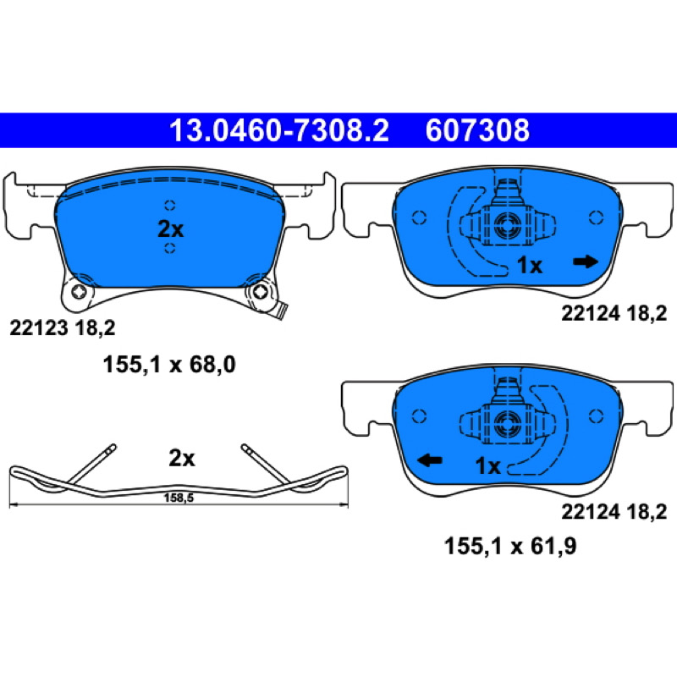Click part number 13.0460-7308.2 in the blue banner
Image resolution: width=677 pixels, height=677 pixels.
pos(279,130)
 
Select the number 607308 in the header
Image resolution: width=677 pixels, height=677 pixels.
pos(477,130)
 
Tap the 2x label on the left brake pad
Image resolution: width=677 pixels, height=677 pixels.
pos(171,228)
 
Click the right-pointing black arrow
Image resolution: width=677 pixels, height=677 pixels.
pos(586,261)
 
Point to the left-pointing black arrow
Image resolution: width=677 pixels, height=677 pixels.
pos(430,460)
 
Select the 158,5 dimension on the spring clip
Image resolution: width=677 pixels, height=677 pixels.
pos(179,498)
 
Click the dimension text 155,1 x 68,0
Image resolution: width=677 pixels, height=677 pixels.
pos(169,365)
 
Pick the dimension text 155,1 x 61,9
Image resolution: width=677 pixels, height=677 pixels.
pos(510,546)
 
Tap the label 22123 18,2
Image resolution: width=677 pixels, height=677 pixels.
pos(63,328)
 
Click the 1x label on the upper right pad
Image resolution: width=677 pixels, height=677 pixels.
pos(530,265)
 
